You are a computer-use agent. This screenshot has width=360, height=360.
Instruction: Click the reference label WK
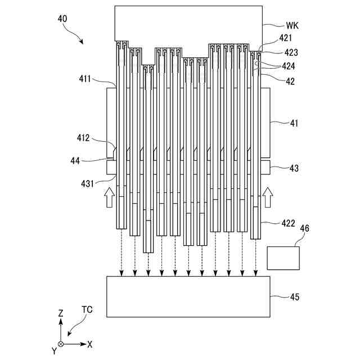point(292,25)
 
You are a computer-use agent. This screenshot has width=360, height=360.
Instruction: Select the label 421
point(286,38)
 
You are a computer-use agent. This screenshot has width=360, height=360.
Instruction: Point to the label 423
point(291,52)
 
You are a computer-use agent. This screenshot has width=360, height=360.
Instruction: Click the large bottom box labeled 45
point(188,296)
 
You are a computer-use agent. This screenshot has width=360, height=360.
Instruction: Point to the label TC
point(87,310)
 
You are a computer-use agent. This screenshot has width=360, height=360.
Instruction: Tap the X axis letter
point(90,343)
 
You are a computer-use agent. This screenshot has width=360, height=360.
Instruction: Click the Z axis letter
point(61,313)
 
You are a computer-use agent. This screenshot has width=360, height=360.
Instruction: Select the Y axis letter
point(54,350)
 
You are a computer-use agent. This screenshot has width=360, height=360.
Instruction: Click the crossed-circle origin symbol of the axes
point(61,343)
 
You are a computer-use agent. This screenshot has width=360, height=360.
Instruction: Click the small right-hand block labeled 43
point(265,167)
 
